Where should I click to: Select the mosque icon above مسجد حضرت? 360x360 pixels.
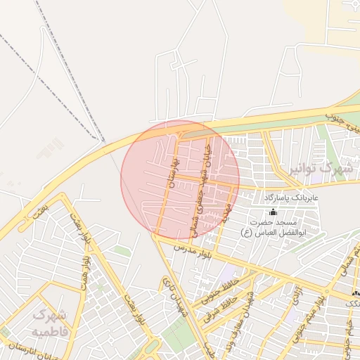273,212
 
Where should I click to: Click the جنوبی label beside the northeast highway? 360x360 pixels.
342,119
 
